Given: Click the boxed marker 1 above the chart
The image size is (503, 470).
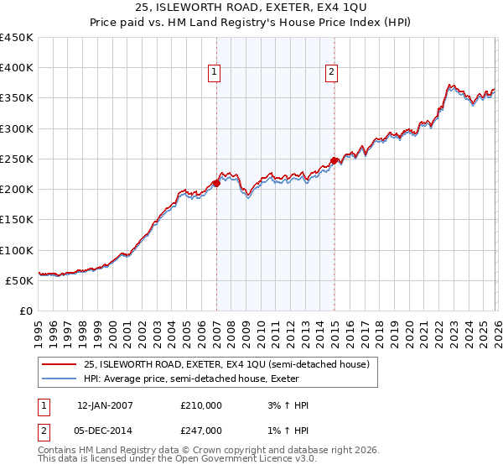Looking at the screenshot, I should pyautogui.click(x=215, y=73).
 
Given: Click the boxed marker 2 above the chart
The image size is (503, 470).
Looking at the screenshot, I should pyautogui.click(x=332, y=73).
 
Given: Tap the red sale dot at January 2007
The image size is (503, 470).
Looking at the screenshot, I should pyautogui.click(x=216, y=182).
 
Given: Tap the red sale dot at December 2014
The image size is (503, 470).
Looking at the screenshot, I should pyautogui.click(x=334, y=160).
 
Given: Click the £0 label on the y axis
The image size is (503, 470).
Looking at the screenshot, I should pyautogui.click(x=27, y=311).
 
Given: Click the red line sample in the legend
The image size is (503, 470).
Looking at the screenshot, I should pyautogui.click(x=60, y=364).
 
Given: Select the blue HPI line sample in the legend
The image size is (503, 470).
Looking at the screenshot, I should pyautogui.click(x=60, y=379).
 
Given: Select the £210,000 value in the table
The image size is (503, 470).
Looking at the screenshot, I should pyautogui.click(x=201, y=405).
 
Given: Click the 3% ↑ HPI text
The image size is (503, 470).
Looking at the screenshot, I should pyautogui.click(x=285, y=405).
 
